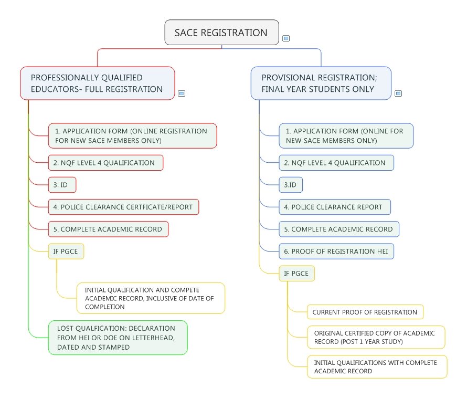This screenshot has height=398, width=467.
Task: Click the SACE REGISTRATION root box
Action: pyautogui.click(x=221, y=33)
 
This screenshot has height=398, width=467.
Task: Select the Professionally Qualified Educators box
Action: pyautogui.click(x=98, y=83)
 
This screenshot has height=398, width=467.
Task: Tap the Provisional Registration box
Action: pyautogui.click(x=321, y=83)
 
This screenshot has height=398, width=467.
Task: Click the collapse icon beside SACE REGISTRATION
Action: pyautogui.click(x=286, y=38)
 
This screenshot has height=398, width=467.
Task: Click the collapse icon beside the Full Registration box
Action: pyautogui.click(x=182, y=93)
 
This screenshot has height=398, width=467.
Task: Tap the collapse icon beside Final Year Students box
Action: pyautogui.click(x=398, y=93)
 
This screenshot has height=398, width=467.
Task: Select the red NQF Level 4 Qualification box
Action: pyautogui.click(x=105, y=163)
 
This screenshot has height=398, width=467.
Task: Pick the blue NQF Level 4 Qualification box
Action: pyautogui.click(x=336, y=163)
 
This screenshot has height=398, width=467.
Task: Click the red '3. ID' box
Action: pyautogui.click(x=62, y=185)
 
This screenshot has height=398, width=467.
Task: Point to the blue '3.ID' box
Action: pyautogui.click(x=291, y=185)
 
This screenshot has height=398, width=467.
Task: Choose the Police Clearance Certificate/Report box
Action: pyautogui.click(x=124, y=207)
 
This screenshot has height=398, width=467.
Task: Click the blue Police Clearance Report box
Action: pyautogui.click(x=335, y=207)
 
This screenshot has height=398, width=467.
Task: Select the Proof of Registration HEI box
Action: pyautogui.click(x=336, y=252)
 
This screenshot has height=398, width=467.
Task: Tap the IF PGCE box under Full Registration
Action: pyautogui.click(x=66, y=252)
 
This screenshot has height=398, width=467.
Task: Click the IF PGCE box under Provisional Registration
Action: pyautogui.click(x=296, y=274)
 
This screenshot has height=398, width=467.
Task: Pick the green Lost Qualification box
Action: pyautogui.click(x=118, y=338)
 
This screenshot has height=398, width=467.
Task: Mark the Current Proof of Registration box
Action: pyautogui.click(x=365, y=312)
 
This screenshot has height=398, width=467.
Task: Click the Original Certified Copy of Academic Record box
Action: pyautogui.click(x=376, y=337)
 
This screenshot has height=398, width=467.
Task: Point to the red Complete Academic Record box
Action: pyautogui.click(x=109, y=229)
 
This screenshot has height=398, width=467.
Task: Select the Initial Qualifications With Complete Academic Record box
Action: pyautogui.click(x=377, y=366)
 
